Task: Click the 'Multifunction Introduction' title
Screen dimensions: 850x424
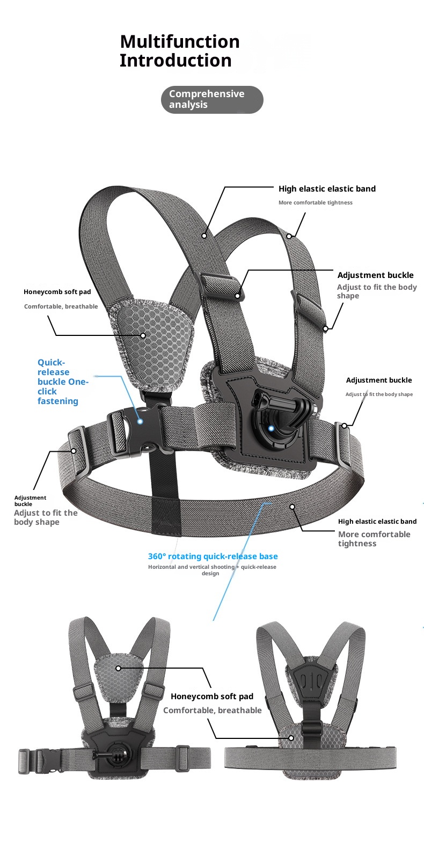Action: coord(179,51)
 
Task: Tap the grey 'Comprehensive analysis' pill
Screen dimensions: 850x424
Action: coord(212,99)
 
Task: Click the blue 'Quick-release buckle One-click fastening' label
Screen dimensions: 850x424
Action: coord(62,382)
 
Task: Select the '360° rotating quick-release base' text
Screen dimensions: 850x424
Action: coord(213,556)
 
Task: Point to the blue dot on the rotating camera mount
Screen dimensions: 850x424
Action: coord(271,428)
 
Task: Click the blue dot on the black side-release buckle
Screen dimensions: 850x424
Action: coord(140,422)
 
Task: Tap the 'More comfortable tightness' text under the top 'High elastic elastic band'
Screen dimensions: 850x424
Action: coord(315,203)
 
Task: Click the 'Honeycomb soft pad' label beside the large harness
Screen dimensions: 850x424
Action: coord(57,292)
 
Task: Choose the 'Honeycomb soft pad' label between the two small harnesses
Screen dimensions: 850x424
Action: coord(211,697)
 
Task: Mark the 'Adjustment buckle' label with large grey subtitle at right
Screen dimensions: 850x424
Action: coord(375,275)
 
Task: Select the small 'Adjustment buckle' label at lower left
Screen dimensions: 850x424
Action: coord(30,501)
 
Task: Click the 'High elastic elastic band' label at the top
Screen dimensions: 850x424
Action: coord(327,189)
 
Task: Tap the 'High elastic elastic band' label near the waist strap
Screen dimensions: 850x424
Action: coord(377,522)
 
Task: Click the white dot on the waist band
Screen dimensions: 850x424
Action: coord(292,507)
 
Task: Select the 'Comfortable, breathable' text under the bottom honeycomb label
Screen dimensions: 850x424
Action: coord(212,710)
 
